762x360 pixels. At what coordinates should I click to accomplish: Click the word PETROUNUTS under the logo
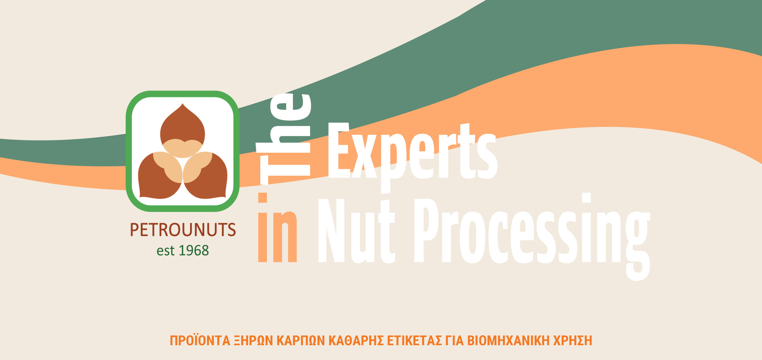(x=183, y=230)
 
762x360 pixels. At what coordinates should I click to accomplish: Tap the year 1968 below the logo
(x=194, y=250)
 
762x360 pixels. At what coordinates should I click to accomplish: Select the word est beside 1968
(x=165, y=251)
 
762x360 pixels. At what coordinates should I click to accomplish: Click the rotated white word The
(x=284, y=139)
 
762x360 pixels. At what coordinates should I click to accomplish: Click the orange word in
(x=277, y=227)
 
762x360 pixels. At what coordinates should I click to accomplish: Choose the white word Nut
(x=356, y=231)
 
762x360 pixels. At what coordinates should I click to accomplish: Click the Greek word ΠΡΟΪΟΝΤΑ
(x=200, y=340)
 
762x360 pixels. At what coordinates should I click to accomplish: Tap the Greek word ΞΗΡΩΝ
(x=253, y=341)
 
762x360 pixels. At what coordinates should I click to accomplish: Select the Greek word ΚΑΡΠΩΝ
(x=301, y=341)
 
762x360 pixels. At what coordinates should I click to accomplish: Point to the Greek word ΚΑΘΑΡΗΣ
(x=356, y=341)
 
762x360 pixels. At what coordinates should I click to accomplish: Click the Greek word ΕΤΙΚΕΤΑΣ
(x=415, y=341)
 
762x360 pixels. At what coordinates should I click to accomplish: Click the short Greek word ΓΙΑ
(x=455, y=341)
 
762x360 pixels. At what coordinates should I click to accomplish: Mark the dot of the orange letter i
(x=263, y=198)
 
